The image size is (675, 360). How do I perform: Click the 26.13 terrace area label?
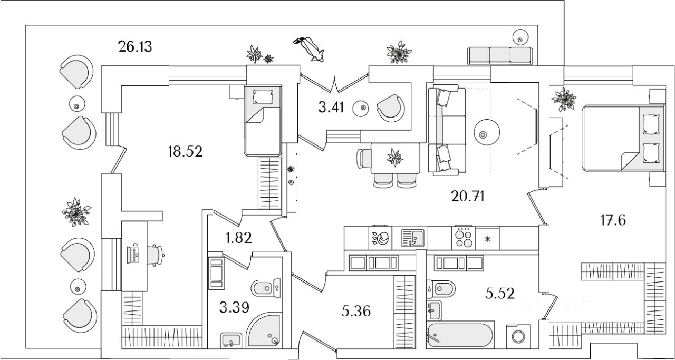coord(136,47)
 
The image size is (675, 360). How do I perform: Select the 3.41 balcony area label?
coord(331,108)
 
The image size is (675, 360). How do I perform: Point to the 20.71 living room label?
coord(468,197)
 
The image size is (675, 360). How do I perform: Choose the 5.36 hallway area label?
coord(356,311)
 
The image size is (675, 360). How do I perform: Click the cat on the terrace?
coord(311,48)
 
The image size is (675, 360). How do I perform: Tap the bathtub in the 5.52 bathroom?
coord(460,336)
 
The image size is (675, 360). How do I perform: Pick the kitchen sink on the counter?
coord(413,238)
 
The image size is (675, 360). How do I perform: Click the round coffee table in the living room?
coord(485,133)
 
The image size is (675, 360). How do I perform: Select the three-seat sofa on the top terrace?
coord(500,55)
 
